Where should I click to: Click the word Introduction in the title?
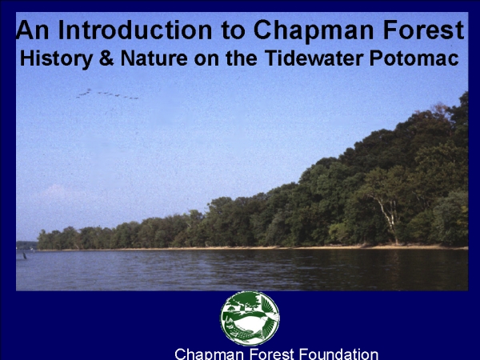[x=134, y=30]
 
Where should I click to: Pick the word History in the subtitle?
[x=56, y=58]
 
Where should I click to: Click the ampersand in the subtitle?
[x=106, y=58]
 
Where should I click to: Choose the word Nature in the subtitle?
[x=154, y=58]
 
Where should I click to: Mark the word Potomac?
[x=414, y=58]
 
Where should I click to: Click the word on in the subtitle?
[x=206, y=60]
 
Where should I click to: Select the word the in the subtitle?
[x=242, y=58]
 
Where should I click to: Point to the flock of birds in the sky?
[x=107, y=94]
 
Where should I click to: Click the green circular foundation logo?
[x=250, y=318]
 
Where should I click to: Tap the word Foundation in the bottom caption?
[x=338, y=354]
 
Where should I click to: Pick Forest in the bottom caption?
[x=272, y=354]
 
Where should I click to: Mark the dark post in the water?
[x=25, y=255]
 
